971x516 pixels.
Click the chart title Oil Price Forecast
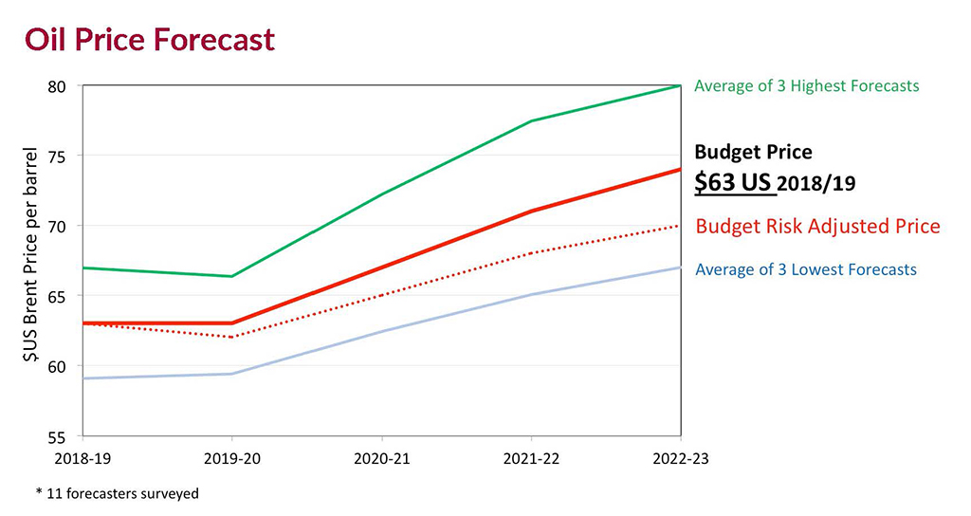[x=150, y=40]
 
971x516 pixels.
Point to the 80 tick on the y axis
[x=58, y=86]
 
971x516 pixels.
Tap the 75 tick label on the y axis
[x=58, y=156]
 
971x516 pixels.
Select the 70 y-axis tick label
[x=58, y=226]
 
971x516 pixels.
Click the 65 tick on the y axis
[x=58, y=296]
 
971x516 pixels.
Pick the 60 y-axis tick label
[x=58, y=366]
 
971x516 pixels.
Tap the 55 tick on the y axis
[x=58, y=436]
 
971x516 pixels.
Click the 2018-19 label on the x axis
[x=83, y=457]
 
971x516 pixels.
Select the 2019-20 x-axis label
[x=232, y=457]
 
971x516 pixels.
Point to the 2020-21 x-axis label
[x=382, y=457]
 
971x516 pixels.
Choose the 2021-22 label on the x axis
[x=532, y=457]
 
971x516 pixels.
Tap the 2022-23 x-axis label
[x=681, y=457]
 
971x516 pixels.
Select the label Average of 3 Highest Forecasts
[x=806, y=86]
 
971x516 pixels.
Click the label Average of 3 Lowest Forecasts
[x=806, y=270]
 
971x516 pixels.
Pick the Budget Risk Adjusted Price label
[x=817, y=227]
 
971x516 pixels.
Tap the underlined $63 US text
[x=735, y=183]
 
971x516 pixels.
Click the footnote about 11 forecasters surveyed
[x=118, y=493]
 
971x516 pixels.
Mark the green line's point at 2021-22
[x=532, y=120]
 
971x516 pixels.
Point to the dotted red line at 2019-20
[x=232, y=337]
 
